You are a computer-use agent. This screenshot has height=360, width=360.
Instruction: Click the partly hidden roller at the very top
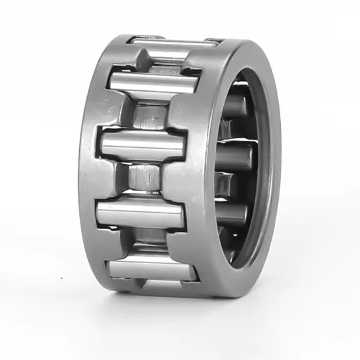(x=173, y=43)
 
